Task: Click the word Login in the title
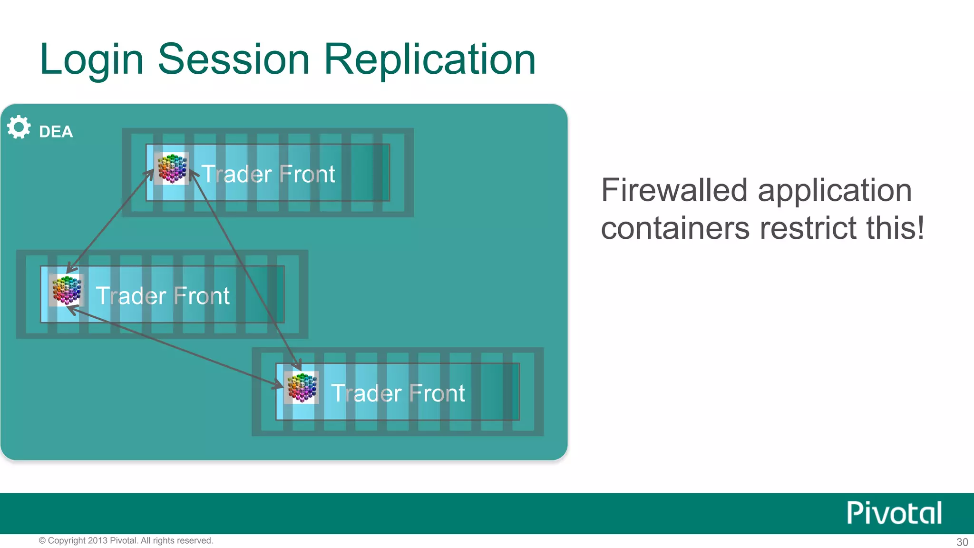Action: click(91, 59)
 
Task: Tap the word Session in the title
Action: click(234, 59)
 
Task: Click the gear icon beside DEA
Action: click(19, 127)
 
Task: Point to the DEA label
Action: click(56, 132)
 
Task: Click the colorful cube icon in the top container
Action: click(172, 168)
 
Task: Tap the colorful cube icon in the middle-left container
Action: click(67, 290)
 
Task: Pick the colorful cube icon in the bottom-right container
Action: click(302, 388)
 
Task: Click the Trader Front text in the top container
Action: click(268, 174)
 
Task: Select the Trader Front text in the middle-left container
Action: click(163, 296)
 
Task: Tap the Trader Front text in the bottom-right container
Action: click(398, 393)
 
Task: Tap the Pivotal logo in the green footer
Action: click(894, 513)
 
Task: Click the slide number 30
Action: click(962, 542)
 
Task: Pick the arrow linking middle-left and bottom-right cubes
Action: click(176, 348)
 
